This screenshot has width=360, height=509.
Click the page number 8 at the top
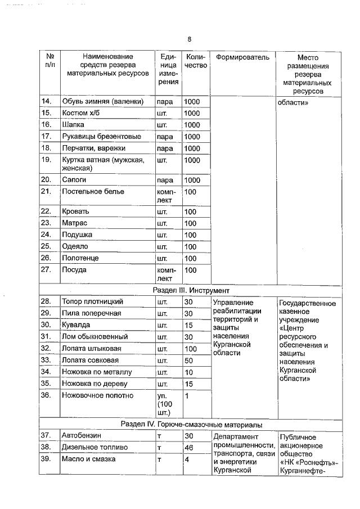coord(190,39)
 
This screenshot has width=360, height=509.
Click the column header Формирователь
coord(242,57)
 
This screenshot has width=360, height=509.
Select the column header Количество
coord(196,61)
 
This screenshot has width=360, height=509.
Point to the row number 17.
coord(47,137)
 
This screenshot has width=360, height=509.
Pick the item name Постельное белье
coord(93,192)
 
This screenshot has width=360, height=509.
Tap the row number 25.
coord(47,247)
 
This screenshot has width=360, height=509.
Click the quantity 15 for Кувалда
coord(189,325)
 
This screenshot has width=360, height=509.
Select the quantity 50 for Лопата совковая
coord(189,361)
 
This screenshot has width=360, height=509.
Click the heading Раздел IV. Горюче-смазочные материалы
coord(191,424)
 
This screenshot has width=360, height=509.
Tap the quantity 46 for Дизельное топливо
coord(189,447)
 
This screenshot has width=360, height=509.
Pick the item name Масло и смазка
coord(89,459)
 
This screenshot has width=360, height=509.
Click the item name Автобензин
coord(82,436)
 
